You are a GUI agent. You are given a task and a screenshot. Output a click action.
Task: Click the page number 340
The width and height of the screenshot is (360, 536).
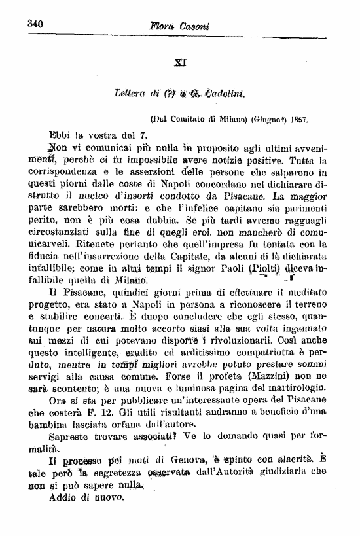(x=35, y=24)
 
